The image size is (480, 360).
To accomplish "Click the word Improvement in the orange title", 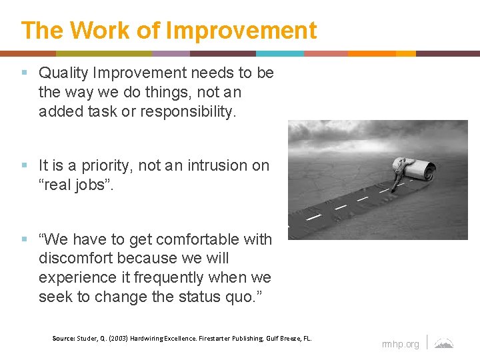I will click(x=241, y=31).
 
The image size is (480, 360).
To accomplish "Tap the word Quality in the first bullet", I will click(x=65, y=73).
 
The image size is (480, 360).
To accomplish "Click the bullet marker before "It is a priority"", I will click(x=25, y=165).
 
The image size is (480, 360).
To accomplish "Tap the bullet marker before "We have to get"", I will click(x=25, y=239).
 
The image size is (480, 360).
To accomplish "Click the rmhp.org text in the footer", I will click(x=400, y=344).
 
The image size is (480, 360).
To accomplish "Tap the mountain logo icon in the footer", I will click(x=444, y=343).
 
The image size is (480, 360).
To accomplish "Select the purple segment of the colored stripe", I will click(x=171, y=53).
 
